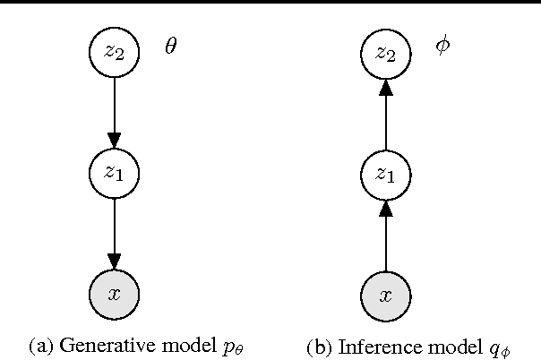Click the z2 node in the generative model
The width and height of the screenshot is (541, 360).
(x=114, y=53)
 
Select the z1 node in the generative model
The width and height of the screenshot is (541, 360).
(x=114, y=172)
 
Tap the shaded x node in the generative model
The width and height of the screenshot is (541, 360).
(x=114, y=292)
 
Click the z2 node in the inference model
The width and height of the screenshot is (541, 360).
(x=385, y=53)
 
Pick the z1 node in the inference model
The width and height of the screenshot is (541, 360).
(x=385, y=173)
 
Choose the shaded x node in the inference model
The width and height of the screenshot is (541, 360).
(x=385, y=292)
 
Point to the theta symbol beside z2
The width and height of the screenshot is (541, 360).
(x=171, y=47)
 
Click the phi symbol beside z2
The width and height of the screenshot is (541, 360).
(x=442, y=46)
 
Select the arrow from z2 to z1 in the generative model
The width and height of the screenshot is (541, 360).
(x=114, y=112)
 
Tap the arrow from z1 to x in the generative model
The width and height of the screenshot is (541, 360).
(x=114, y=232)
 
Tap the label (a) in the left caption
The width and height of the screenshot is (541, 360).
(x=41, y=344)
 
